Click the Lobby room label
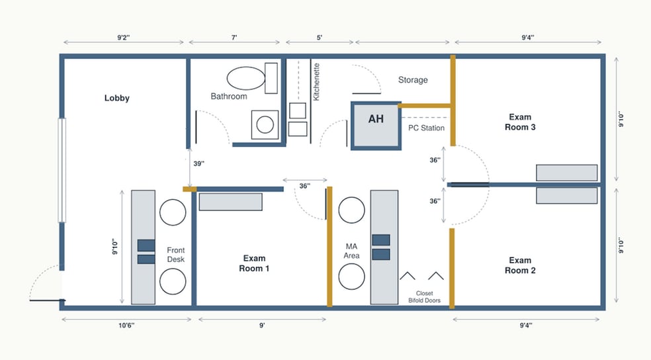coord(116,98)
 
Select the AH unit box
coord(376,125)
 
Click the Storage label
coord(413,79)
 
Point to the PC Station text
coord(426,128)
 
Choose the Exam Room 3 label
coord(520,122)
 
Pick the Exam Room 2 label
coord(520,265)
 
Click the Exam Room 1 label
coord(254,263)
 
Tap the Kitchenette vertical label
coord(316,82)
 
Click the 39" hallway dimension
coord(199,163)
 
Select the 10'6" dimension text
coord(126,326)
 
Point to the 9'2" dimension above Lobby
coord(123,38)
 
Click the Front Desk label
coord(175,255)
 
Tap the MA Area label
coord(351,251)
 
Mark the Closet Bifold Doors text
coord(424,297)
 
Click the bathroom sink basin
coord(265,124)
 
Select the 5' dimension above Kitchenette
coord(320,38)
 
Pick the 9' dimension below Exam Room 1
coord(262,326)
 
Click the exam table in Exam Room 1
coord(230,202)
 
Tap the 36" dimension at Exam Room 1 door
coord(305,186)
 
